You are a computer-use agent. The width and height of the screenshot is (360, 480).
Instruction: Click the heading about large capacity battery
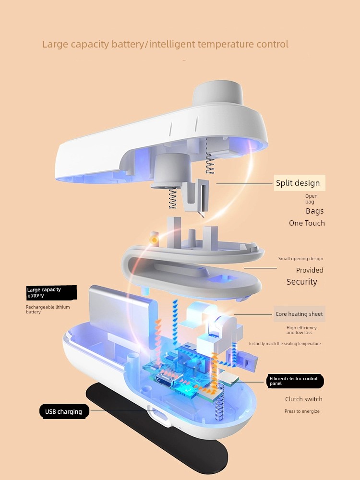(x=165, y=45)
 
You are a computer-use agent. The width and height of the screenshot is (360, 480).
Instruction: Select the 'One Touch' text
(x=307, y=223)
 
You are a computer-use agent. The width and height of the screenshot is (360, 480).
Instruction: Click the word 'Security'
(x=302, y=282)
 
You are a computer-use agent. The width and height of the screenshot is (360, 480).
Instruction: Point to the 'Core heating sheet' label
(x=299, y=314)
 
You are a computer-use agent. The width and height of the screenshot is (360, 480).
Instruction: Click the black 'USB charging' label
(x=64, y=411)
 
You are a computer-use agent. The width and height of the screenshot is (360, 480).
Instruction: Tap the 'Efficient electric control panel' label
(x=294, y=382)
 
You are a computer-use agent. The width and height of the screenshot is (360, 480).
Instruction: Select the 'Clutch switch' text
(x=304, y=399)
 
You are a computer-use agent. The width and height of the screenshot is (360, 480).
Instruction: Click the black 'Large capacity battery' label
(x=51, y=292)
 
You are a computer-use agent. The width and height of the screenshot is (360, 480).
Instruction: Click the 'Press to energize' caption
(x=302, y=411)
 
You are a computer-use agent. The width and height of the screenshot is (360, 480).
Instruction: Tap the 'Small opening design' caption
(x=300, y=259)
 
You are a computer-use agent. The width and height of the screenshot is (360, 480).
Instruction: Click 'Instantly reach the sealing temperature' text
(x=285, y=344)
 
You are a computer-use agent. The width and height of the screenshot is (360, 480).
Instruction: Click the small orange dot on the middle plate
(x=155, y=239)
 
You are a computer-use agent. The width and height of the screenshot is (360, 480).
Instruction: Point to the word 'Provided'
(x=310, y=270)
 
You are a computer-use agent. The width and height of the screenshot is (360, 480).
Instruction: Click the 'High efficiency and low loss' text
(x=301, y=330)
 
